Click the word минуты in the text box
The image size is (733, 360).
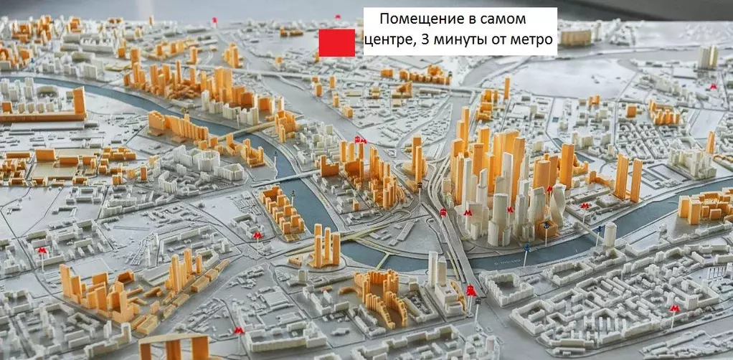[x=457, y=40]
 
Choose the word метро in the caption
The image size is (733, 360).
[x=533, y=40]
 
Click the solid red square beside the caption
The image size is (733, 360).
[x=336, y=42]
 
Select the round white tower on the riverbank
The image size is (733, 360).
[x=610, y=234]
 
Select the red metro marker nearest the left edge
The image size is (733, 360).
[x=42, y=250]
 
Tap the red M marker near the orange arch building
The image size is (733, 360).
[x=239, y=330]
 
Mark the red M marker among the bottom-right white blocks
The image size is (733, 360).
[x=673, y=308]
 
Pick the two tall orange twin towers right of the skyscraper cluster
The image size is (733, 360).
[x=628, y=178]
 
